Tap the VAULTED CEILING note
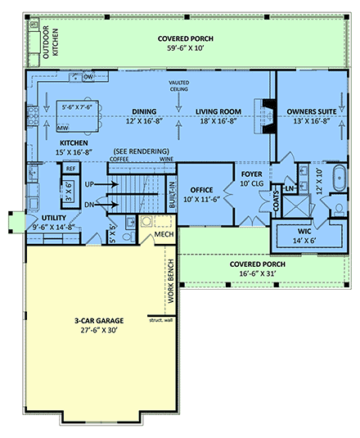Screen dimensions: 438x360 [x=179, y=87]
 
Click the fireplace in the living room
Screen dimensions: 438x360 [x=263, y=115]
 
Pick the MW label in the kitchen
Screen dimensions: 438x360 [x=62, y=128]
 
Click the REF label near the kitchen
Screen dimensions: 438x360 [x=71, y=168]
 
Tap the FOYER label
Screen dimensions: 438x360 [x=250, y=174]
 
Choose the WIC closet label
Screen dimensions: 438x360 [x=305, y=232]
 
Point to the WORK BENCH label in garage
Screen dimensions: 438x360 [x=171, y=287]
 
